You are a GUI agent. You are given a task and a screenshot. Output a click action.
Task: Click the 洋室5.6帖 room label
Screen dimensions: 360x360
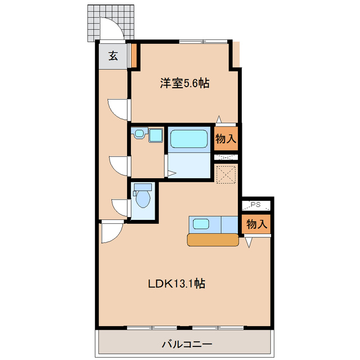(x=184, y=84)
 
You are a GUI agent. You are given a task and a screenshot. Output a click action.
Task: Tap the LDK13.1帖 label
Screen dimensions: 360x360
(x=176, y=284)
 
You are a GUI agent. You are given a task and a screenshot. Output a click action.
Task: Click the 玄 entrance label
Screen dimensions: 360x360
(x=113, y=56)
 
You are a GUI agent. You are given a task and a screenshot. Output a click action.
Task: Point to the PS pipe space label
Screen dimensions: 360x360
(x=256, y=204)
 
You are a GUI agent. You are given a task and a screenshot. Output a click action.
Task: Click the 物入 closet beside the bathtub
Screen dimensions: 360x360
(x=226, y=138)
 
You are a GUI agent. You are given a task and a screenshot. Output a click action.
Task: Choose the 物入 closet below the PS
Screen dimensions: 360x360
(x=256, y=224)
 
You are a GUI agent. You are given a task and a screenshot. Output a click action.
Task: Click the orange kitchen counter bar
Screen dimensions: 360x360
(x=213, y=240)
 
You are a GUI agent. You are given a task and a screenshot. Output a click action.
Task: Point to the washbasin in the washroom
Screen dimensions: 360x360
(x=138, y=134)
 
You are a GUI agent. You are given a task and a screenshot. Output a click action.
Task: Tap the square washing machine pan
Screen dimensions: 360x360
(x=155, y=137)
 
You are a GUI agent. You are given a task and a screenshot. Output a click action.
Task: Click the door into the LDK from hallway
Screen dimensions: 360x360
(x=111, y=231)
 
